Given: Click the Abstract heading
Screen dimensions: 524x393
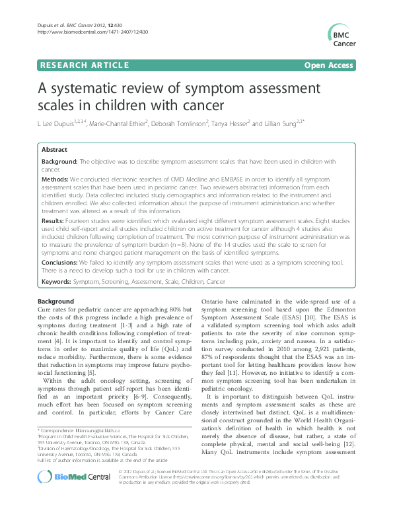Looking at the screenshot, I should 55,149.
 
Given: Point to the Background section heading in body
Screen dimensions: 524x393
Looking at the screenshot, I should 56,301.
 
